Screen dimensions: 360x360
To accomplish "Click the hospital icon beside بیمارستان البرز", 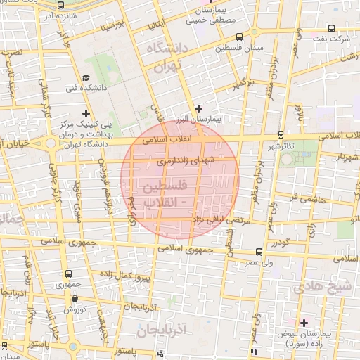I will (x=199, y=108).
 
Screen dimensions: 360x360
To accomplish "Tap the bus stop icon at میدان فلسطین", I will (x=240, y=37).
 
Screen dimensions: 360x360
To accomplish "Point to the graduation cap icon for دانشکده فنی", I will (x=86, y=78).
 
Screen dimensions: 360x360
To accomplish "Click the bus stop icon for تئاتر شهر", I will (x=281, y=134).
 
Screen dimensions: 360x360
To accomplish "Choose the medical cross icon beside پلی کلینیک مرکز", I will (x=86, y=112).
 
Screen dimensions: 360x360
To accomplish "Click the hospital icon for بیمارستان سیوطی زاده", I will (x=304, y=323).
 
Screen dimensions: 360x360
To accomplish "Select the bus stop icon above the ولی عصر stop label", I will (x=259, y=251).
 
